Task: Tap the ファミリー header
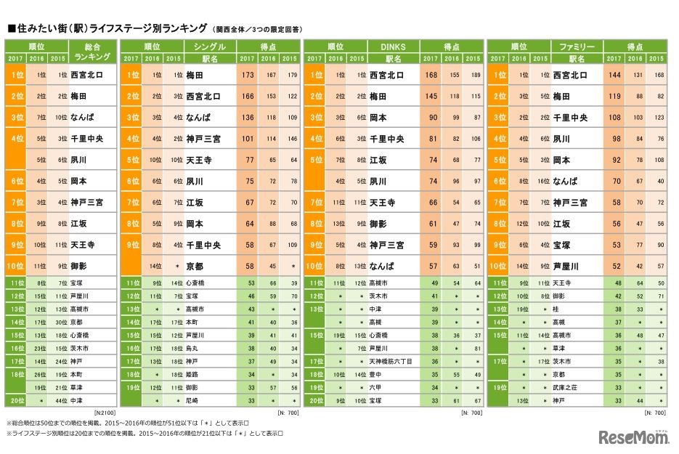[x=578, y=46]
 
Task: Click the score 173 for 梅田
[x=248, y=75]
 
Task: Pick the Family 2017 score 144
[x=616, y=75]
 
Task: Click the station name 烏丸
[x=193, y=349]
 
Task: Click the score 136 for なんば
[x=248, y=118]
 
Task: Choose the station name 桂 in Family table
[x=556, y=309]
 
